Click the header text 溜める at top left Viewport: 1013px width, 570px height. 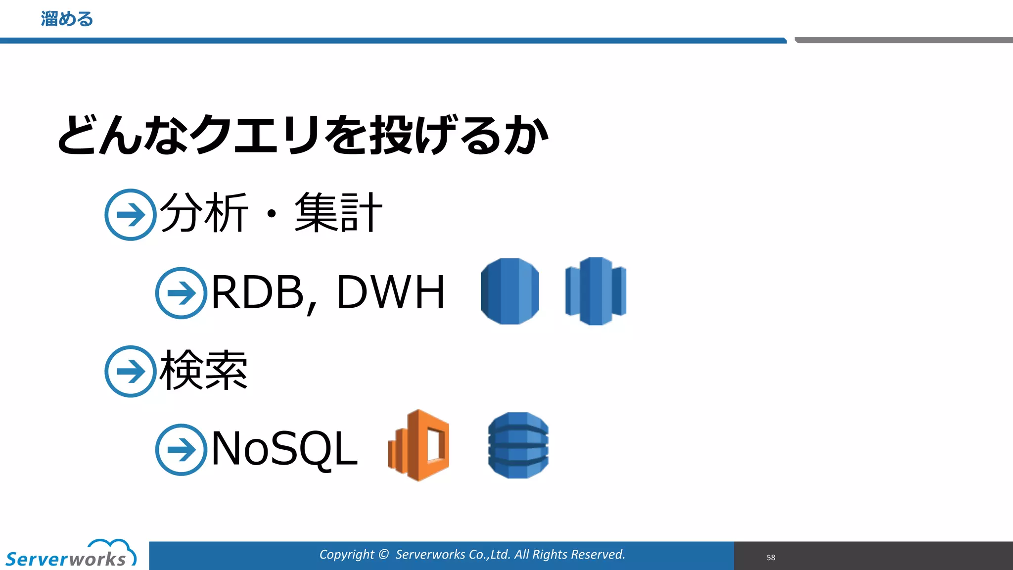point(67,19)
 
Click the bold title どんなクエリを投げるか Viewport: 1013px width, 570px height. point(302,135)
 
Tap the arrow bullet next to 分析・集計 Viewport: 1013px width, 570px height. point(131,215)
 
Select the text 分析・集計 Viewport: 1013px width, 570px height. point(271,213)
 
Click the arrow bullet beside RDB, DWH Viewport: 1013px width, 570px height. point(181,293)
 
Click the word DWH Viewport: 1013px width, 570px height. point(391,293)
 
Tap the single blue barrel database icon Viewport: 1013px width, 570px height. point(510,291)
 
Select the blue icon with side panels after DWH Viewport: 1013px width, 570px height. point(596,291)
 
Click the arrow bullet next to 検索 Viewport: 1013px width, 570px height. point(131,371)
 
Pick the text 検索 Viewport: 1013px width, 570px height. point(203,370)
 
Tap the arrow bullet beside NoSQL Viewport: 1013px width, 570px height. point(181,449)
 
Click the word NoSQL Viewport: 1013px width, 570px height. point(284,448)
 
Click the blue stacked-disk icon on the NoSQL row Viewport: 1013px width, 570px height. point(518,445)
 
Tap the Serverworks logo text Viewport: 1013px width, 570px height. point(66,560)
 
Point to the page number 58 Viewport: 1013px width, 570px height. point(771,557)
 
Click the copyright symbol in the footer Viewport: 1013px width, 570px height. point(384,554)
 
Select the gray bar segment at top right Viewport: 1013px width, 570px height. point(903,40)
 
